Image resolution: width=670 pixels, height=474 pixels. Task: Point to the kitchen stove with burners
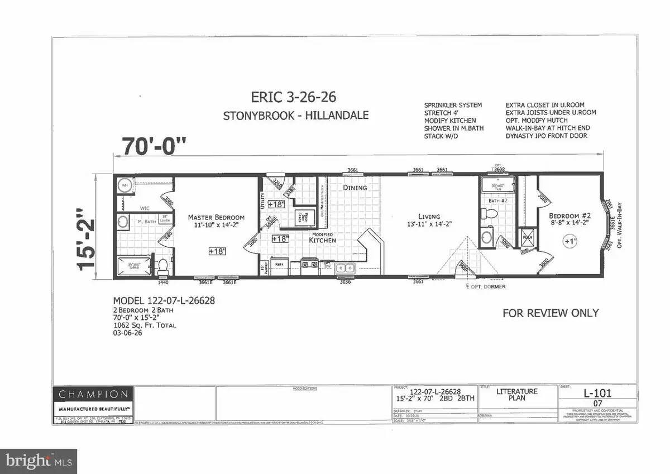309,264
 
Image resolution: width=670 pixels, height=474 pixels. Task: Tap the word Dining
355,188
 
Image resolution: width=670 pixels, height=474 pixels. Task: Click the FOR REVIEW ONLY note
551,313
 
